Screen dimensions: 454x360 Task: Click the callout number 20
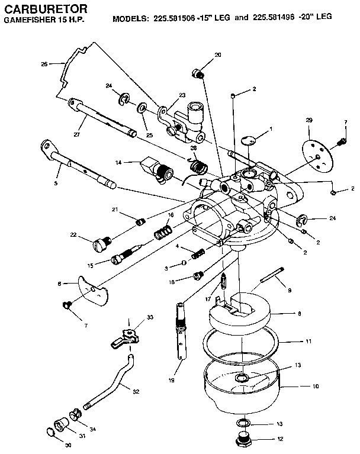pos(217,54)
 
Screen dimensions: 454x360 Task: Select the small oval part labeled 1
pos(250,140)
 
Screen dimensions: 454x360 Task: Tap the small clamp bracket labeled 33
pos(126,337)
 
